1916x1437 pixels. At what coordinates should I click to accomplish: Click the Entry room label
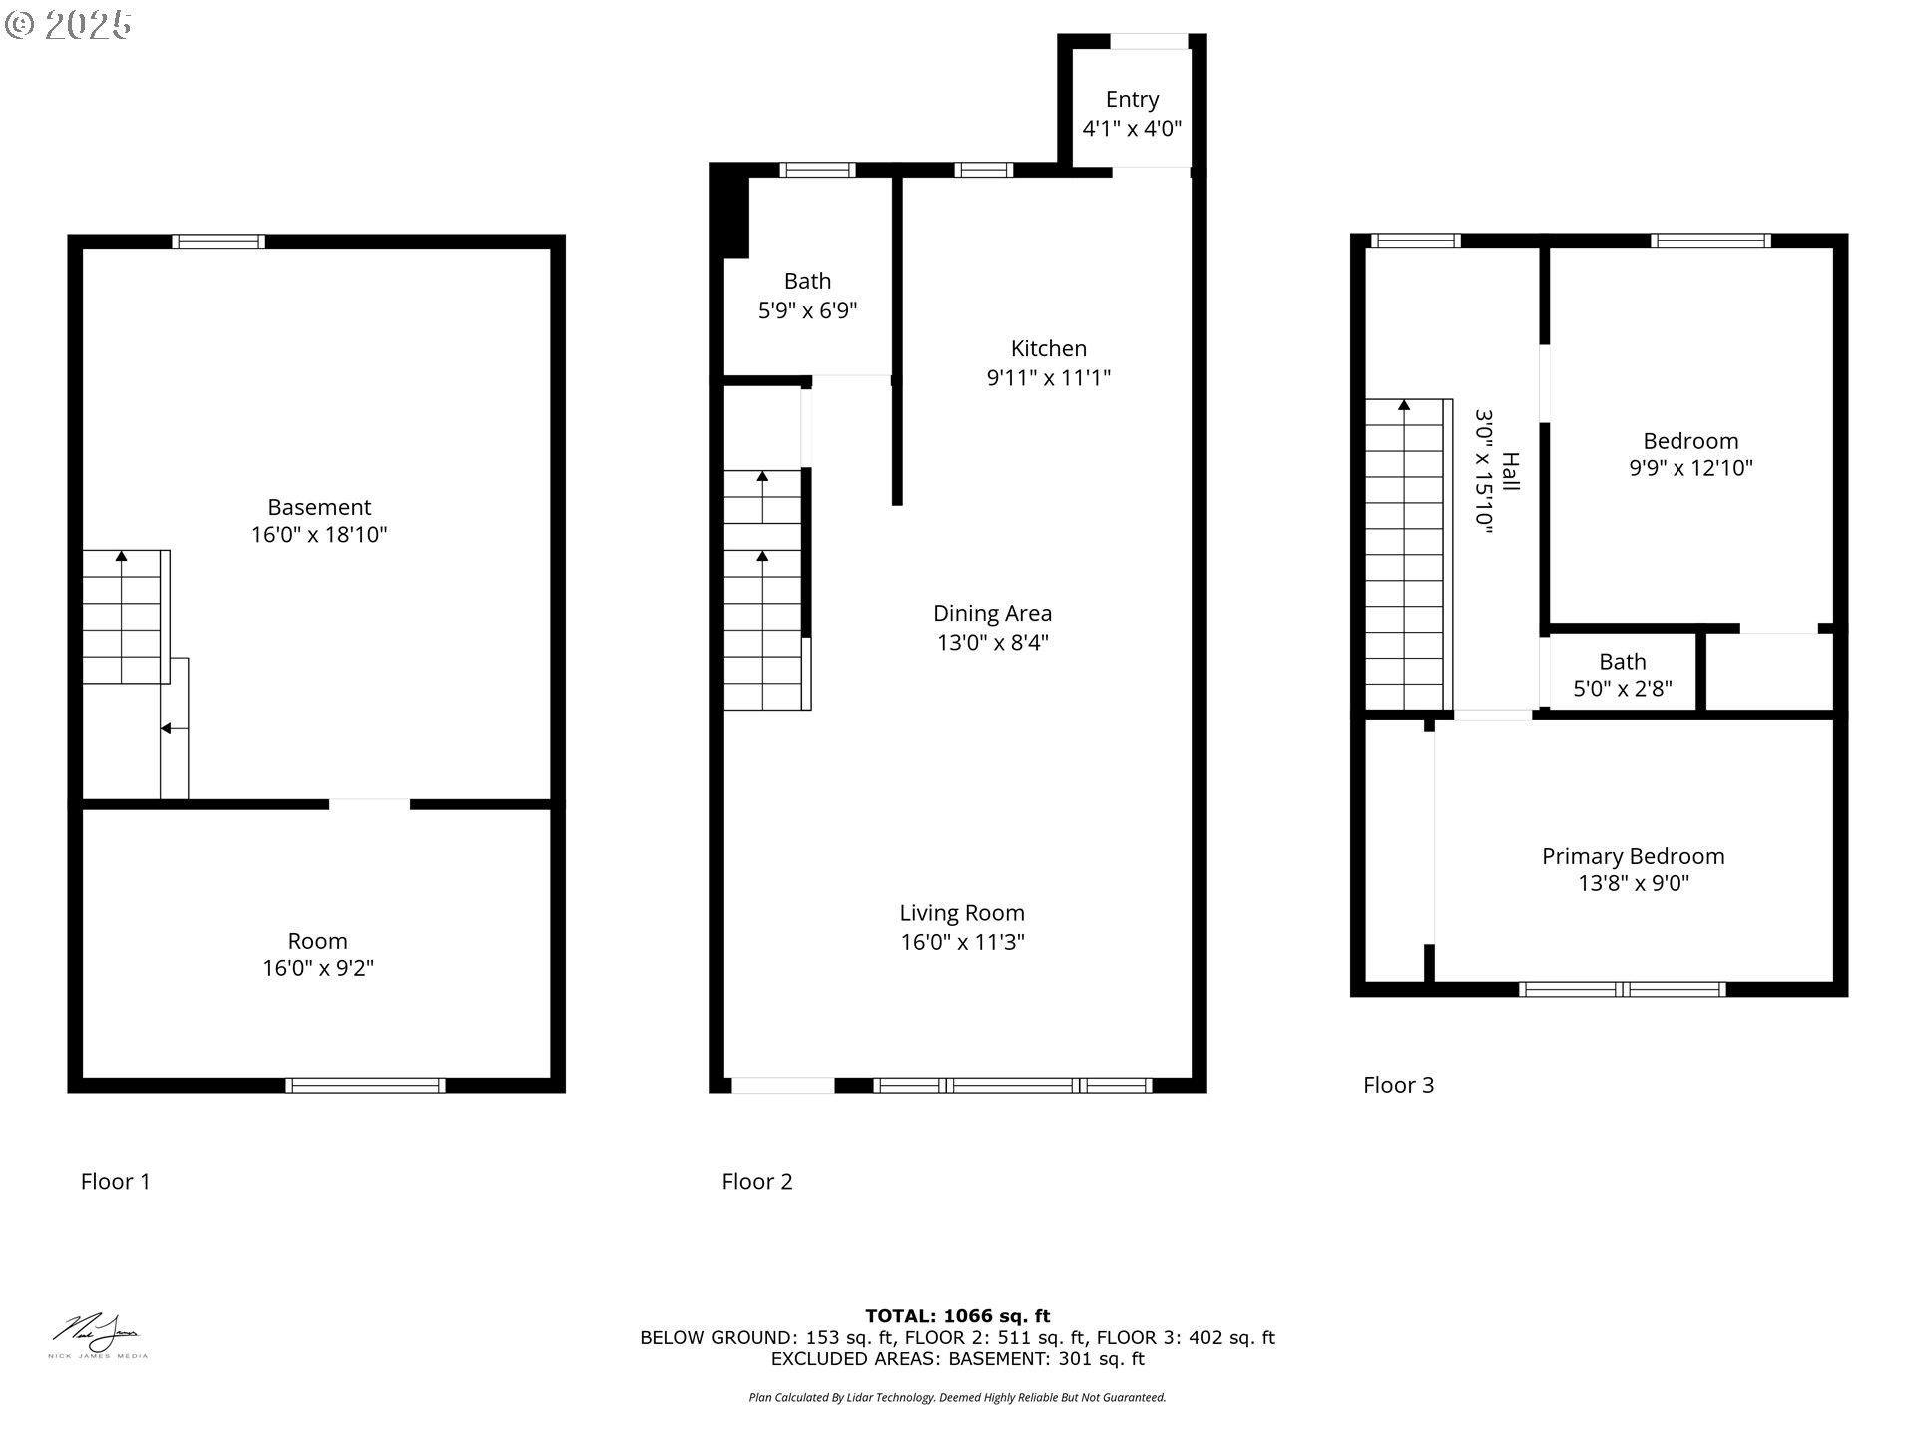pyautogui.click(x=1132, y=100)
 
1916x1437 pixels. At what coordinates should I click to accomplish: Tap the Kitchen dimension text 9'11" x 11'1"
pyautogui.click(x=1048, y=378)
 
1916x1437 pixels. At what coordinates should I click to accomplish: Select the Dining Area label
pyautogui.click(x=992, y=614)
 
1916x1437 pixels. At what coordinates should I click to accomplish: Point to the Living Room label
pyautogui.click(x=962, y=913)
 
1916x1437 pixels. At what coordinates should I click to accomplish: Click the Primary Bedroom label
pyautogui.click(x=1633, y=856)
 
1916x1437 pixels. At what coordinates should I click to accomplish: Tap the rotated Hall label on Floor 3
pyautogui.click(x=1511, y=471)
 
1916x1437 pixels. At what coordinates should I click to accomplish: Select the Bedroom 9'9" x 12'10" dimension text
pyautogui.click(x=1690, y=468)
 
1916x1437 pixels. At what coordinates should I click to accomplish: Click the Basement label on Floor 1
pyautogui.click(x=319, y=507)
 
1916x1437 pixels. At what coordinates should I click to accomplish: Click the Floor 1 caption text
pyautogui.click(x=116, y=1182)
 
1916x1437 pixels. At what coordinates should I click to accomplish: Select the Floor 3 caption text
pyautogui.click(x=1398, y=1085)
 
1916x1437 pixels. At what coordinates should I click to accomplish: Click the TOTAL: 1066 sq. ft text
pyautogui.click(x=957, y=1316)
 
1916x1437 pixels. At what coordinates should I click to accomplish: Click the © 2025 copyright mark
pyautogui.click(x=68, y=25)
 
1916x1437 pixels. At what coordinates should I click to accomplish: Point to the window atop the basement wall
pyautogui.click(x=219, y=241)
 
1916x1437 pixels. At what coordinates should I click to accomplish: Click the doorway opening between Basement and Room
pyautogui.click(x=369, y=804)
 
